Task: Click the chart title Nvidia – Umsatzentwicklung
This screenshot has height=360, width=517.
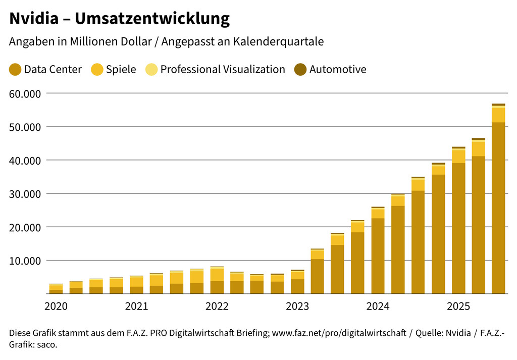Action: [x=119, y=19]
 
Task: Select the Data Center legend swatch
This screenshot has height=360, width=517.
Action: [x=15, y=70]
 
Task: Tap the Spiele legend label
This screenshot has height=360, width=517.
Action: [x=121, y=70]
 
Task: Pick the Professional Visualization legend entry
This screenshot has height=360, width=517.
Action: [x=222, y=70]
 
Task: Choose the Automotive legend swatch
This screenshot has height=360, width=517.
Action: [x=300, y=70]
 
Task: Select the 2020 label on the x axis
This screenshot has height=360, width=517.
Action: [x=56, y=306]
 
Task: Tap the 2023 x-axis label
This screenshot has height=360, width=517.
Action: [x=297, y=306]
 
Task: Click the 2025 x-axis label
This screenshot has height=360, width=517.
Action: [x=458, y=306]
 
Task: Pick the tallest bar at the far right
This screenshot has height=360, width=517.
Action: [x=498, y=202]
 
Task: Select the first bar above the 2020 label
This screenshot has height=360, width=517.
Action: [x=56, y=289]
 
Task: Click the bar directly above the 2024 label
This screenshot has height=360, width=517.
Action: [x=378, y=252]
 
